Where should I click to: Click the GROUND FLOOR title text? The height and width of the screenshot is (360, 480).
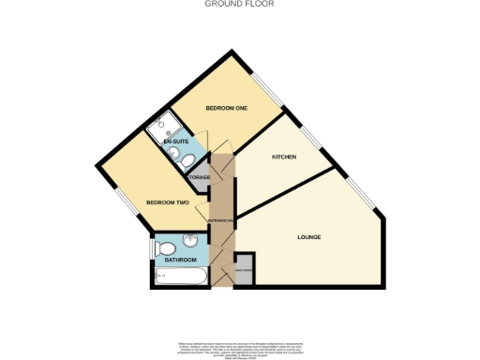[x=239, y=4]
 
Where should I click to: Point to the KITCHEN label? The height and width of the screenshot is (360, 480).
[x=284, y=157]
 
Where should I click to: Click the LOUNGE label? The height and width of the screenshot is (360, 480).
[x=309, y=237]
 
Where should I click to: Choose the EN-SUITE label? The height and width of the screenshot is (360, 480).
[x=175, y=141]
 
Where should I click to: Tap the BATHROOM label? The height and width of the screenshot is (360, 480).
[x=181, y=260]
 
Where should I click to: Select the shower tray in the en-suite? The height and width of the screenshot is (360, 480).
[x=165, y=122]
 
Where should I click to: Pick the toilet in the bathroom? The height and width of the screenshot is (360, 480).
[x=165, y=248]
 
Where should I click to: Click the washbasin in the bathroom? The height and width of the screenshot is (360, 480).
[x=190, y=240]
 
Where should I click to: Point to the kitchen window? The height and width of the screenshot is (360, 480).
[x=310, y=140]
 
